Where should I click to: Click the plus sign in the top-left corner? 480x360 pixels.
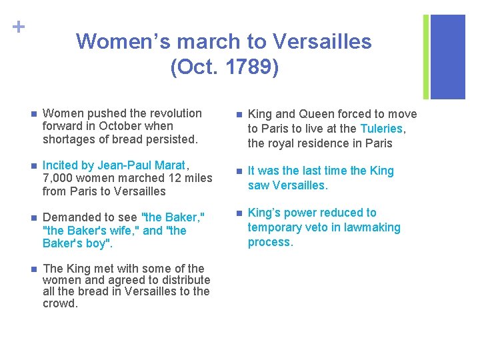click(18, 27)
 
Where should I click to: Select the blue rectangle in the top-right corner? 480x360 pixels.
click(448, 57)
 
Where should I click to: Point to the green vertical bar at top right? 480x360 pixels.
click(426, 57)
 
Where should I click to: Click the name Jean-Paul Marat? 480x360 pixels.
click(142, 165)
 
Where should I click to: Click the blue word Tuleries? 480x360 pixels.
click(381, 129)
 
